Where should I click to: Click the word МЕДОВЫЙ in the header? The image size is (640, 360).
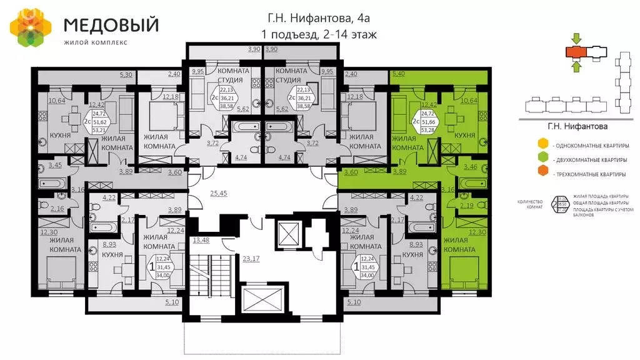tap(111, 25)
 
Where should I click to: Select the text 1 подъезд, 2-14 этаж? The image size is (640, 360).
tap(319, 34)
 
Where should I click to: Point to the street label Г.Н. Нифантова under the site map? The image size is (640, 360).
tap(577, 126)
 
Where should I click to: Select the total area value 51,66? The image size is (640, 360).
tap(429, 122)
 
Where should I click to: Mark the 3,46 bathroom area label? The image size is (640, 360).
tap(472, 166)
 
